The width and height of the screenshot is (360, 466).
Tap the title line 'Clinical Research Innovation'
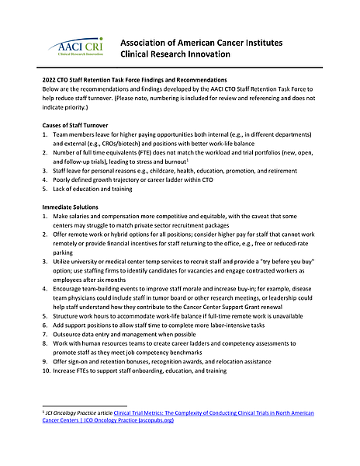click(175, 54)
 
